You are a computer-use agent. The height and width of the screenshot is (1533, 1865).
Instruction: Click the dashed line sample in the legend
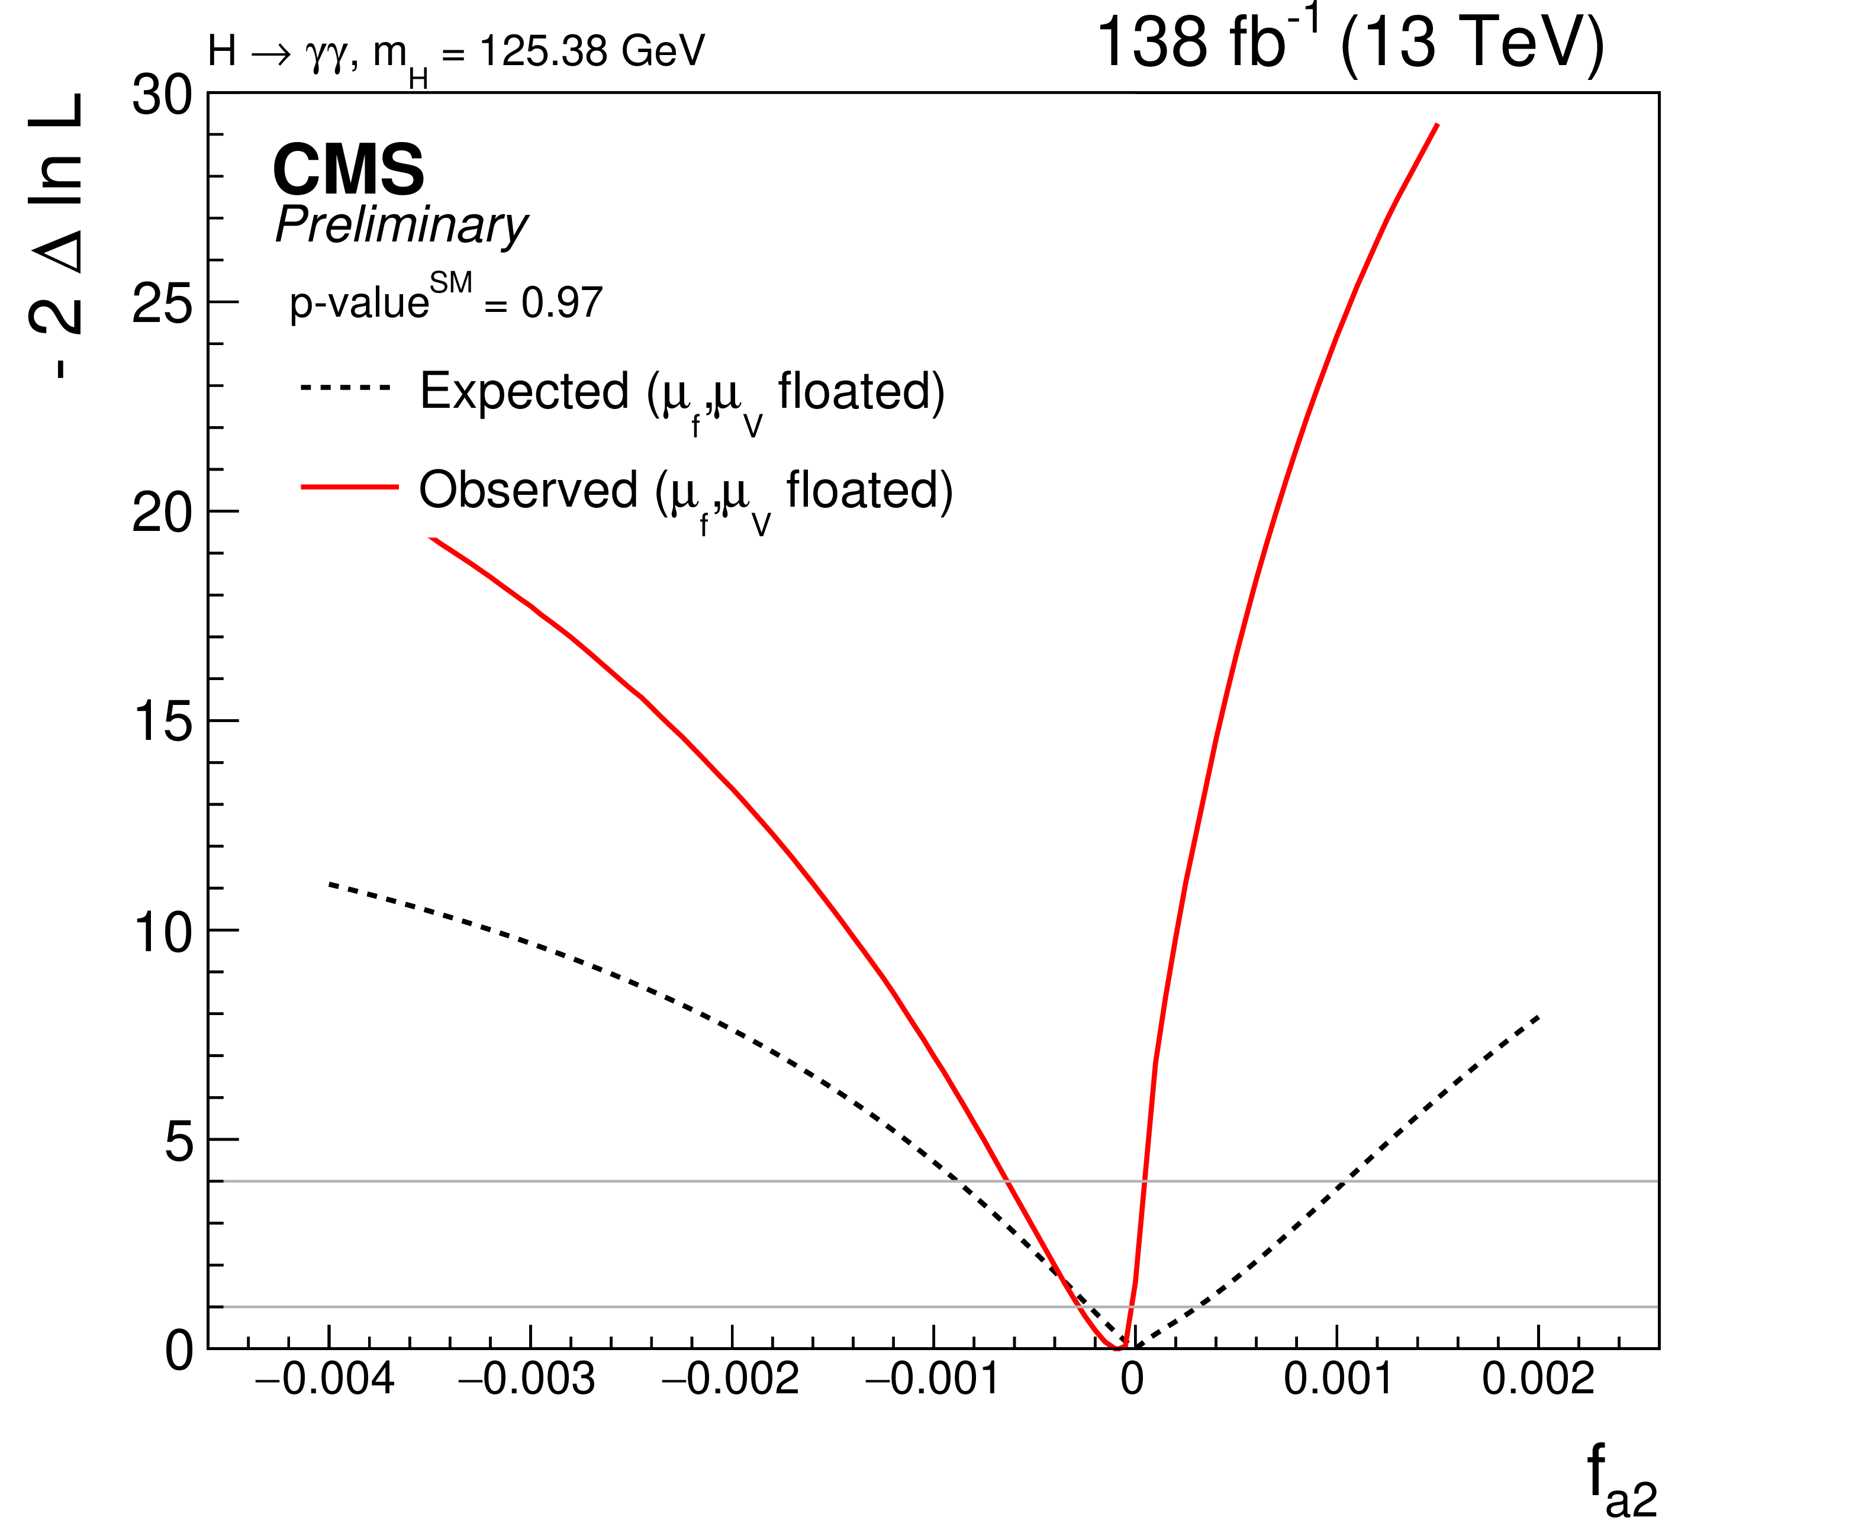pos(344,388)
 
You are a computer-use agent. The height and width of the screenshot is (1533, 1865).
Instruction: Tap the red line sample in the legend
pos(350,487)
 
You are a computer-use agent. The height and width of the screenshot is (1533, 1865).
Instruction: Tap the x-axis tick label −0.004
pos(324,1379)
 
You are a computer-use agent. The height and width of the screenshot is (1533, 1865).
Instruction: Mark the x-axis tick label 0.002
pos(1537,1379)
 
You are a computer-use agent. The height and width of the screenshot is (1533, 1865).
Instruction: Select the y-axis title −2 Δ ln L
pos(57,237)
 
